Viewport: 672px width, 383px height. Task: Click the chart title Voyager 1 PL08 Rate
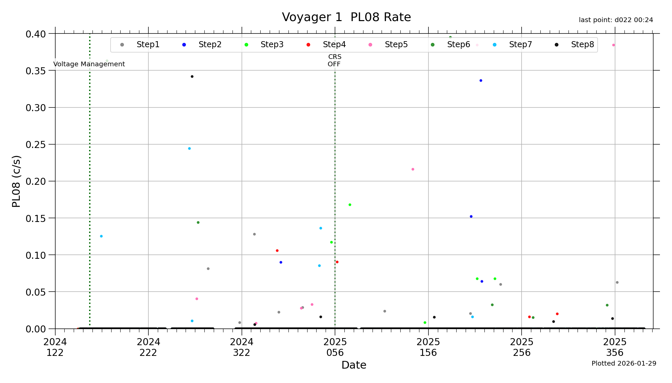pyautogui.click(x=346, y=17)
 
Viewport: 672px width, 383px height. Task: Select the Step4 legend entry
pyautogui.click(x=334, y=45)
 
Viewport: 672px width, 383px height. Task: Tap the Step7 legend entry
pyautogui.click(x=520, y=45)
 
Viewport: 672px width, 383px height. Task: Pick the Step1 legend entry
pyautogui.click(x=148, y=45)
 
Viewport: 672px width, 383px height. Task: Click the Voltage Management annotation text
pyautogui.click(x=89, y=64)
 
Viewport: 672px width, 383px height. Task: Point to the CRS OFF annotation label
pyautogui.click(x=335, y=61)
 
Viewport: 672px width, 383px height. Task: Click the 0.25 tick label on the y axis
pyautogui.click(x=36, y=145)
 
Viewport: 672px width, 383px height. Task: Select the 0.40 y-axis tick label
pyautogui.click(x=36, y=34)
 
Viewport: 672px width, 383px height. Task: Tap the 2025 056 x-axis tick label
pyautogui.click(x=335, y=347)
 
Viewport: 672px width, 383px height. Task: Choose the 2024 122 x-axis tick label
pyautogui.click(x=55, y=347)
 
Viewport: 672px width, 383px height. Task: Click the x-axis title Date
pyautogui.click(x=354, y=365)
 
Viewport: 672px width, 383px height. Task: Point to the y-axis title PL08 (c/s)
pyautogui.click(x=16, y=181)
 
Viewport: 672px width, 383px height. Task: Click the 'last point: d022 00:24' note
pyautogui.click(x=616, y=20)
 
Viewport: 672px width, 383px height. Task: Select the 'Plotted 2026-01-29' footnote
pyautogui.click(x=624, y=364)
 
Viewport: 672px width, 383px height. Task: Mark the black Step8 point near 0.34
pyautogui.click(x=192, y=77)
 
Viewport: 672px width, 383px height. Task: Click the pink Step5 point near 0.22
pyautogui.click(x=413, y=169)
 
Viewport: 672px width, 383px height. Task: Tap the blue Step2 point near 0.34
pyautogui.click(x=481, y=81)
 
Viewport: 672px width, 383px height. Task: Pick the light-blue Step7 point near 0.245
pyautogui.click(x=189, y=149)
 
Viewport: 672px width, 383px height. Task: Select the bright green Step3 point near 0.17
pyautogui.click(x=350, y=205)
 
